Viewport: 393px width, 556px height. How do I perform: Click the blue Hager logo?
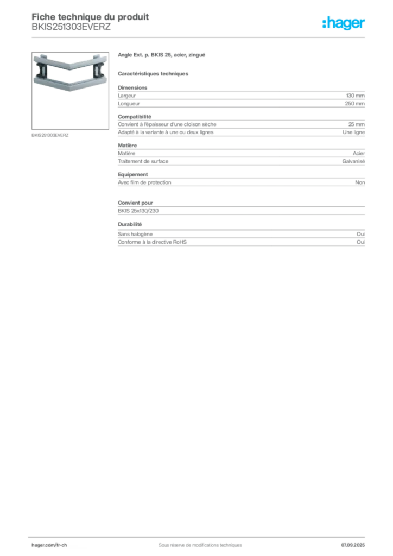pyautogui.click(x=344, y=23)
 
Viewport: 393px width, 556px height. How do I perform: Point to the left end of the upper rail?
pyautogui.click(x=36, y=59)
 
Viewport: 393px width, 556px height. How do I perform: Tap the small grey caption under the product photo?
pyautogui.click(x=50, y=135)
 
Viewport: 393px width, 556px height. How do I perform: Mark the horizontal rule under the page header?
pyautogui.click(x=199, y=36)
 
